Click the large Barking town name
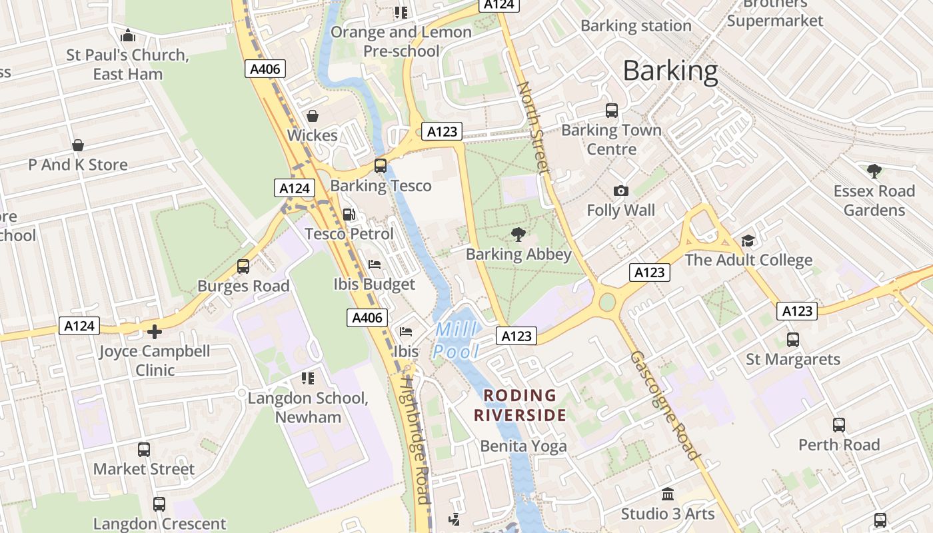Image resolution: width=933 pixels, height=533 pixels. (x=670, y=71)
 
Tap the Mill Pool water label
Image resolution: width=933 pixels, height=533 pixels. (x=457, y=340)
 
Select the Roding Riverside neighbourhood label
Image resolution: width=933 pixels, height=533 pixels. (x=520, y=405)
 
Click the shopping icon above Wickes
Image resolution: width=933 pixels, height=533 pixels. (x=312, y=116)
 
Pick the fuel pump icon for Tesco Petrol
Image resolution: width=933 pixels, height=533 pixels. (x=349, y=215)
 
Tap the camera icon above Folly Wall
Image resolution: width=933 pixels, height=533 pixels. (x=620, y=191)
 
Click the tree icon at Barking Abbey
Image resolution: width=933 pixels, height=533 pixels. (x=518, y=235)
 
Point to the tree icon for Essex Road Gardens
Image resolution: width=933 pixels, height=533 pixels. (x=874, y=171)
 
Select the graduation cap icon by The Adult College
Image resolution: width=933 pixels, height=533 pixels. (x=748, y=241)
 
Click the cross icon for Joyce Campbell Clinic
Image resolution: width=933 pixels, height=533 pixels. (x=155, y=331)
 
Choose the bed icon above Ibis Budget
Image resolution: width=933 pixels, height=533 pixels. (x=375, y=265)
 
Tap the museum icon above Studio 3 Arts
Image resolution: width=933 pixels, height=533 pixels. (x=667, y=494)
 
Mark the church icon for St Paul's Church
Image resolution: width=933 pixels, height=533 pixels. (x=128, y=35)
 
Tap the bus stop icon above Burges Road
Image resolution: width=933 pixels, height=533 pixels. (x=243, y=266)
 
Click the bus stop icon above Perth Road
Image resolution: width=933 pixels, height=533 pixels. (x=838, y=424)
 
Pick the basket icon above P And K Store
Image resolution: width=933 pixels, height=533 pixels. (x=78, y=145)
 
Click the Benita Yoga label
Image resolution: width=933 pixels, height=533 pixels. (x=523, y=446)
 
